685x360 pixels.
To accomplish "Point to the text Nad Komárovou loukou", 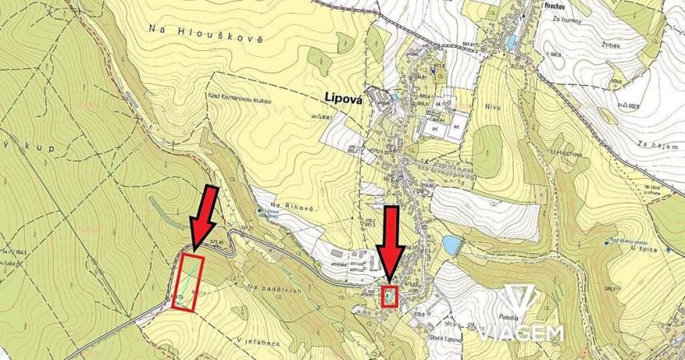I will (x=246, y=97).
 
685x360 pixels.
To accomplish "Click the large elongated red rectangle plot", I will (x=188, y=283).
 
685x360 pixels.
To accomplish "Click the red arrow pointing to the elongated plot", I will (x=203, y=218).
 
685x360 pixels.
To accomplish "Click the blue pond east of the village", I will (x=450, y=245).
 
